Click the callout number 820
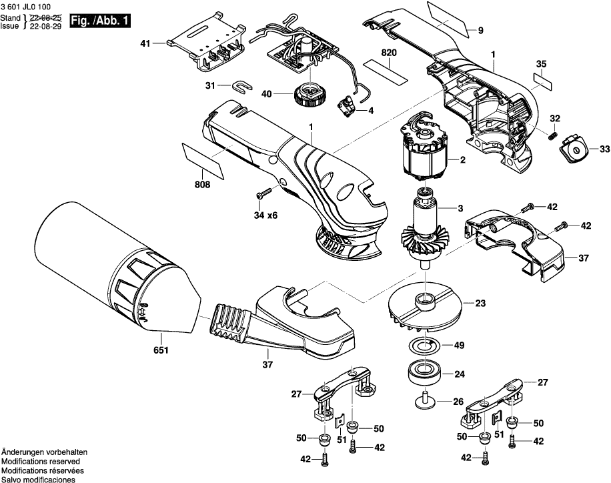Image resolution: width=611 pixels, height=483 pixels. [388, 52]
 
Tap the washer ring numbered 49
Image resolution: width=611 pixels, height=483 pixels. [422, 345]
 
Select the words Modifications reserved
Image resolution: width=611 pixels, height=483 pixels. [41, 462]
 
